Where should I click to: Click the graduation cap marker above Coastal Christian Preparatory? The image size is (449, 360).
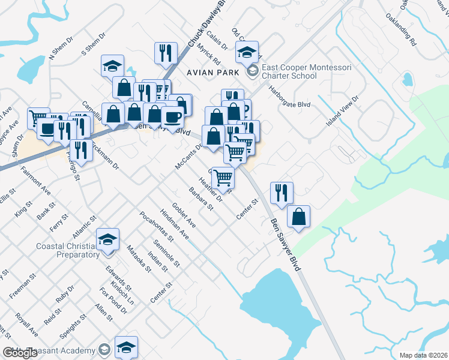[x=108, y=240]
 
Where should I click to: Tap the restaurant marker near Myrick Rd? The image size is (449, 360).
[x=165, y=53]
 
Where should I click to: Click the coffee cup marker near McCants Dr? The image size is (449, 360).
[x=173, y=116]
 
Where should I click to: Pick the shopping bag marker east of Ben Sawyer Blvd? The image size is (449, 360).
[x=298, y=217]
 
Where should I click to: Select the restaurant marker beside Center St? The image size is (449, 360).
[x=282, y=193]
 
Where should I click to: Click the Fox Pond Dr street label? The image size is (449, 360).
[x=113, y=301]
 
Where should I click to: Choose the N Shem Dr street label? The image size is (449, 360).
[x=61, y=48]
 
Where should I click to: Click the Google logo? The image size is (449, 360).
[x=20, y=353]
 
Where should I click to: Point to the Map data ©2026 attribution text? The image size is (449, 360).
[x=424, y=355]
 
